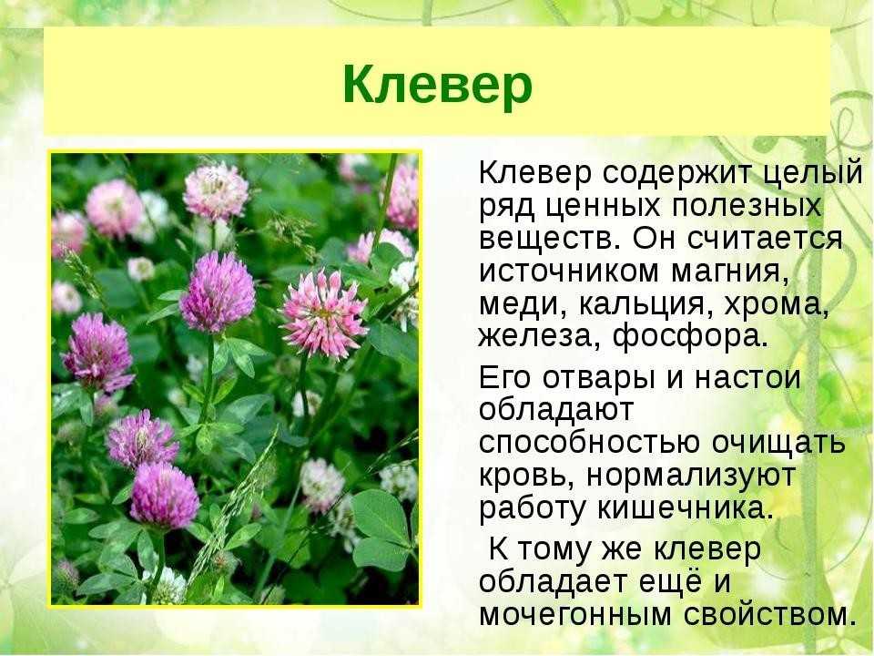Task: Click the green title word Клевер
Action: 438,85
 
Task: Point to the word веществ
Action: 550,240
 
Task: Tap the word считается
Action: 765,240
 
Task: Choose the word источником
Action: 569,272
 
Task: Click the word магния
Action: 730,273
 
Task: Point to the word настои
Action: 747,378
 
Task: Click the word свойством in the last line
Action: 770,614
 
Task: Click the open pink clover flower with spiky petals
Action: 324,313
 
